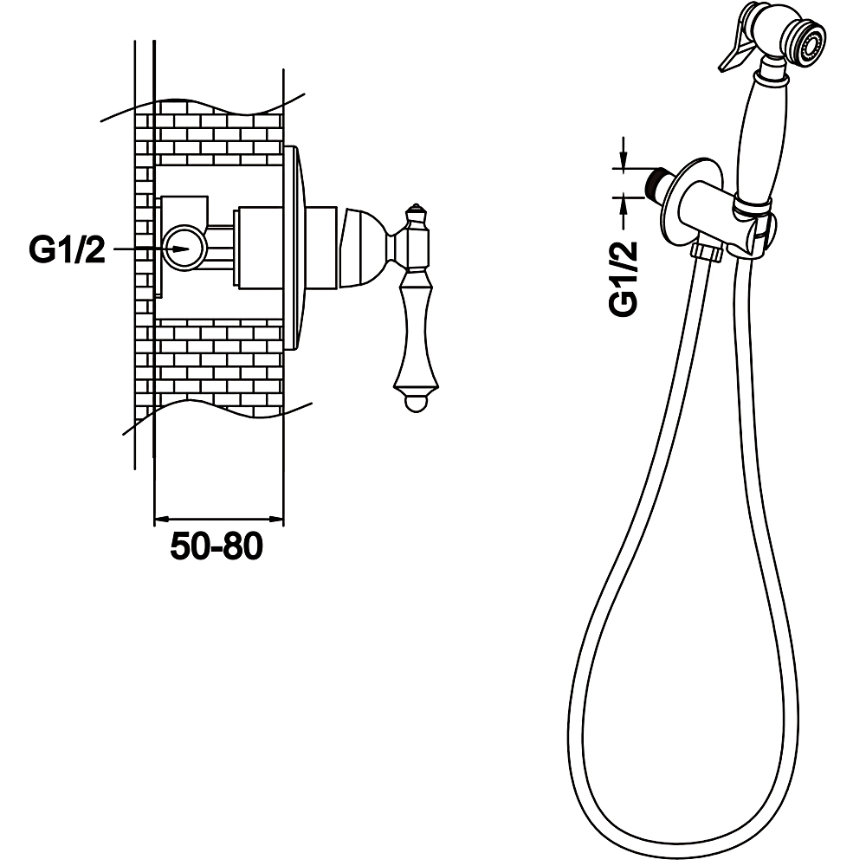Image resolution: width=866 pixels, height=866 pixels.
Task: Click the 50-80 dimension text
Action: point(216,547)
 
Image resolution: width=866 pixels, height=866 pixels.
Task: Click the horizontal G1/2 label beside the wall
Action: point(67,250)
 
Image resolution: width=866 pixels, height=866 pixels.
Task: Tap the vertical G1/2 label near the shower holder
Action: point(623,278)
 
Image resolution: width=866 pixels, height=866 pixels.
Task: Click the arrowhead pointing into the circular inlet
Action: point(181,249)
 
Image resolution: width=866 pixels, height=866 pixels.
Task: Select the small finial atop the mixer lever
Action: point(416,211)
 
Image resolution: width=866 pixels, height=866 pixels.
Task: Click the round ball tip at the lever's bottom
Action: point(416,404)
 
